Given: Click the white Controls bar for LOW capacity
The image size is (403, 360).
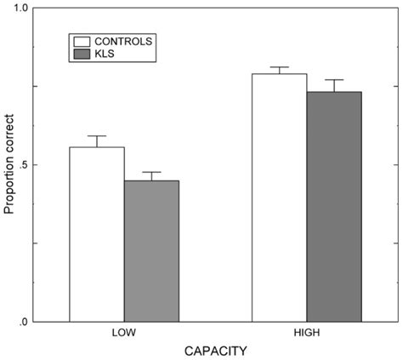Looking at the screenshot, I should pos(97,234).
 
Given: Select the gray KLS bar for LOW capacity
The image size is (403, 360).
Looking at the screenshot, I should pos(151,251).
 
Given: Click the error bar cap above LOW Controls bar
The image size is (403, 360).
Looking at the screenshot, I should pos(97,136).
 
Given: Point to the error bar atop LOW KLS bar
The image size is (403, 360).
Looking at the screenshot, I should pos(151,173).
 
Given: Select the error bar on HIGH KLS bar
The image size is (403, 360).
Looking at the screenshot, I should pos(334,81).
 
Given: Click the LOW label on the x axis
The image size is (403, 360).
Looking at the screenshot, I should pos(124,333).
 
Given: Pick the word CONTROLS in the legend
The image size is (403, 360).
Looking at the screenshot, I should pos(123,41).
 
